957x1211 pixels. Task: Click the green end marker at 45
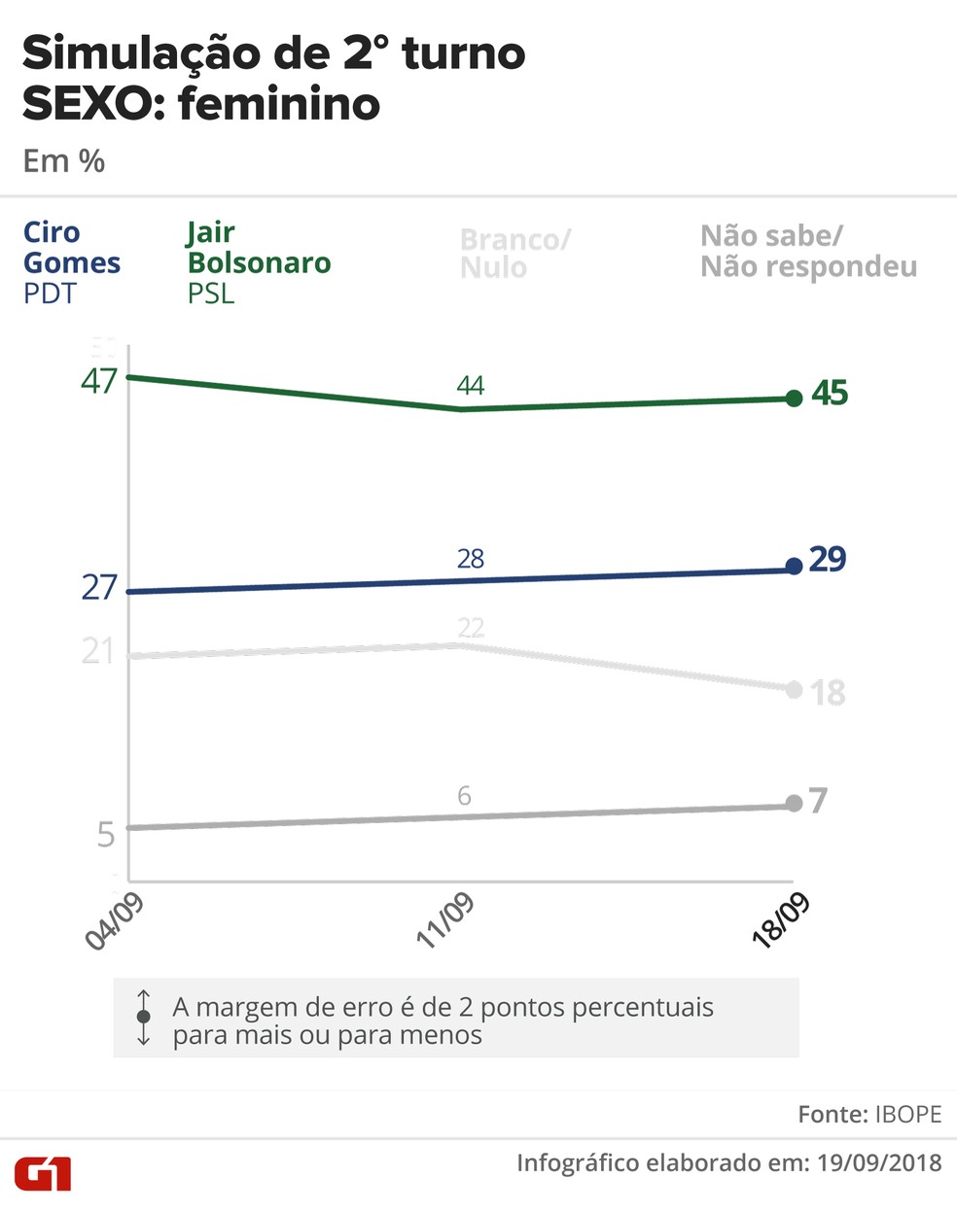click(x=794, y=398)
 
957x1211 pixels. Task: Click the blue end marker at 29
click(x=794, y=566)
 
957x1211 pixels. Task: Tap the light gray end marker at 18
click(x=794, y=690)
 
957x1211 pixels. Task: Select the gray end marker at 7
click(x=794, y=803)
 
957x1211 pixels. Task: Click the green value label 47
click(x=99, y=381)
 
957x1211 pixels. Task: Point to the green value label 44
click(x=471, y=386)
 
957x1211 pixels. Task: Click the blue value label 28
click(x=471, y=559)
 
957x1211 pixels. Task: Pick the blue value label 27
click(x=99, y=588)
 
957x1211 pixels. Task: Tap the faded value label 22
click(x=471, y=628)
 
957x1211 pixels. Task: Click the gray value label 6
click(x=464, y=796)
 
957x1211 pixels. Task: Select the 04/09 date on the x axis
click(x=115, y=920)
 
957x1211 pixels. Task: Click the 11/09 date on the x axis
click(x=445, y=920)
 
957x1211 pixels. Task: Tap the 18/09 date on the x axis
click(x=781, y=920)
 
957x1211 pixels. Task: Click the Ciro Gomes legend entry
click(x=72, y=262)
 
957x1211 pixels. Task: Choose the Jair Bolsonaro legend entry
click(x=259, y=262)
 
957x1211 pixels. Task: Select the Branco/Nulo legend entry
click(x=515, y=254)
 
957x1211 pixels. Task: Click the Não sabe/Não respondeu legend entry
click(x=808, y=251)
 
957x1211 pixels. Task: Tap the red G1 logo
click(x=43, y=1173)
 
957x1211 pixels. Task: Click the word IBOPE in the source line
click(x=908, y=1114)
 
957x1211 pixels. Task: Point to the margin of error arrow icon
click(x=144, y=1017)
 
